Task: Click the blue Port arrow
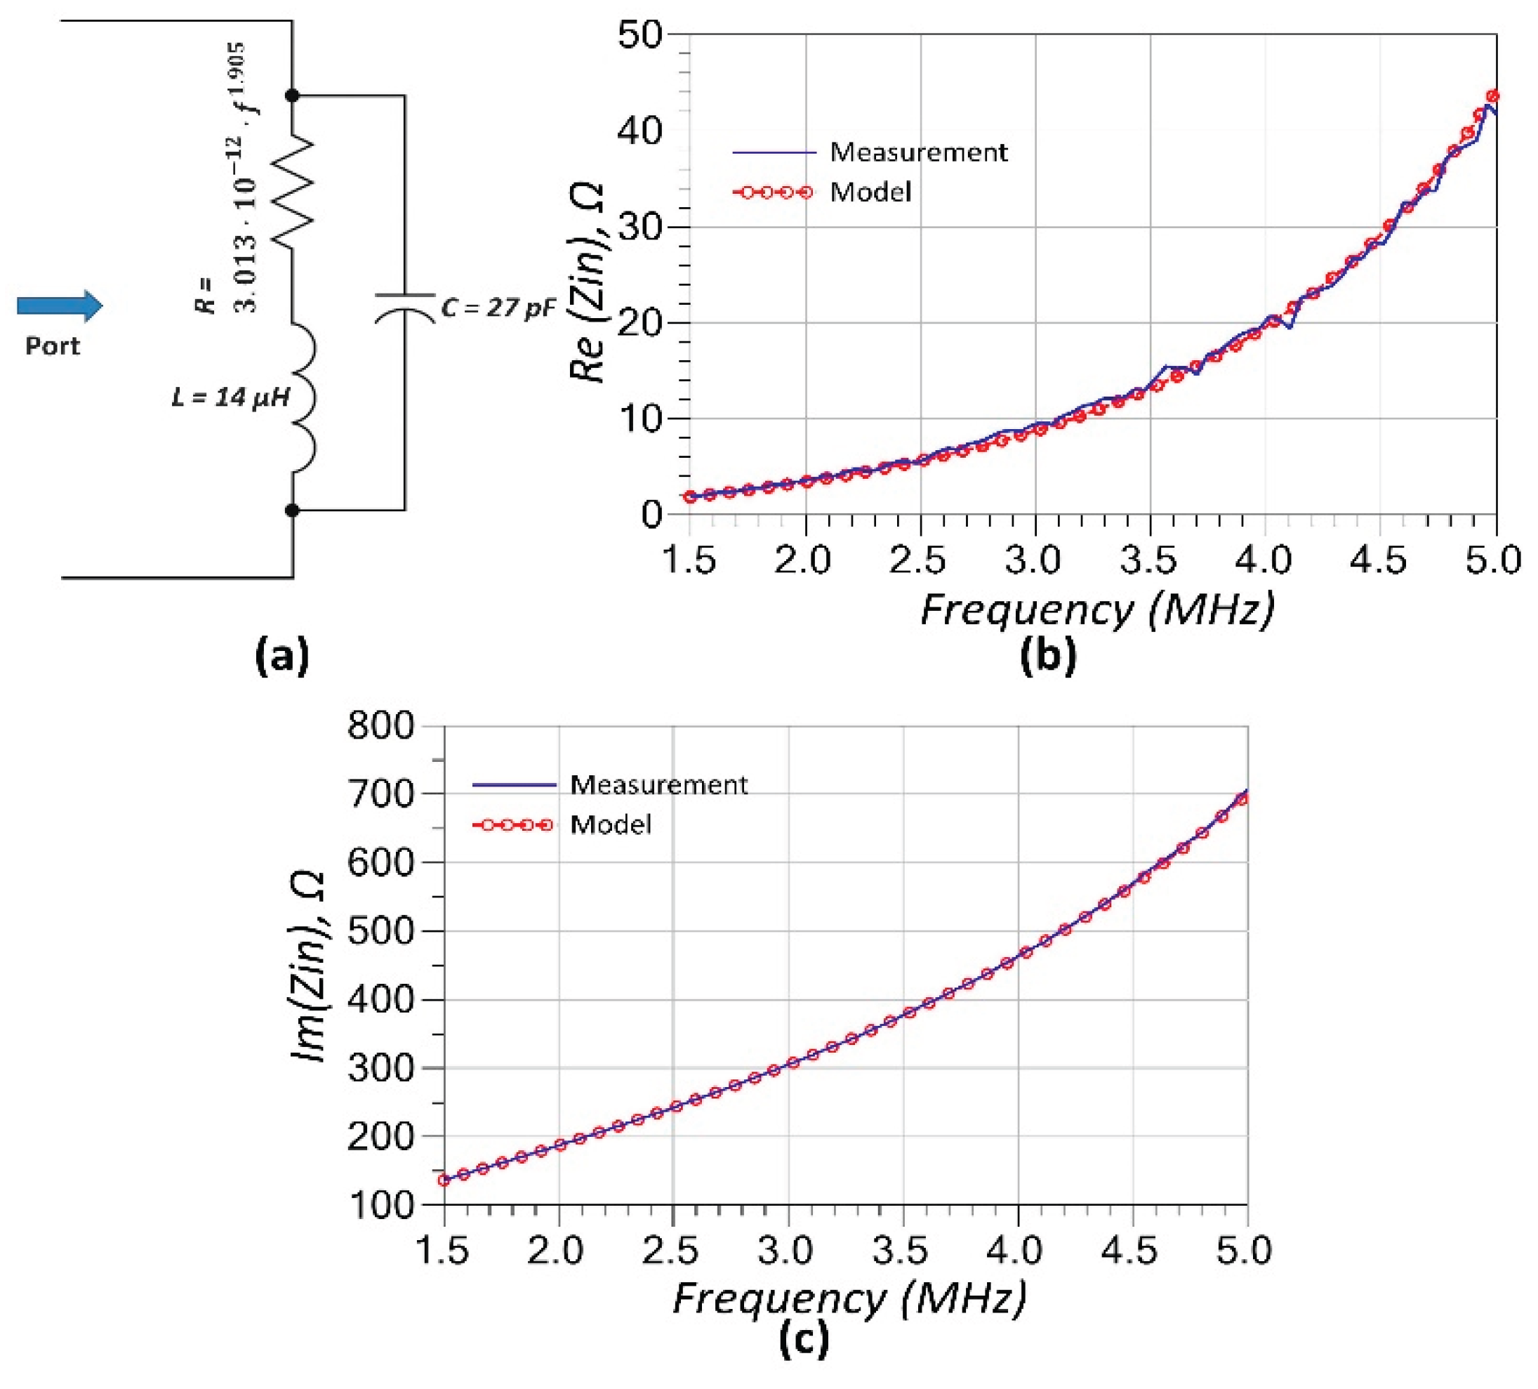pyautogui.click(x=60, y=306)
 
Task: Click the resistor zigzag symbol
pyautogui.click(x=293, y=191)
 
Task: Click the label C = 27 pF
pyautogui.click(x=498, y=308)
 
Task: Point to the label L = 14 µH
pyautogui.click(x=230, y=397)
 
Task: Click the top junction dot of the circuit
pyautogui.click(x=292, y=96)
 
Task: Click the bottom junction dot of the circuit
pyautogui.click(x=292, y=510)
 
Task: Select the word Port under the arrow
pyautogui.click(x=52, y=346)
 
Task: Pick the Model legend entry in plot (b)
pyautogui.click(x=870, y=192)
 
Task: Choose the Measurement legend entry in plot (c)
pyautogui.click(x=658, y=785)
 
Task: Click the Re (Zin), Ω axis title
pyautogui.click(x=588, y=282)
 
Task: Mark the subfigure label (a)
pyautogui.click(x=282, y=656)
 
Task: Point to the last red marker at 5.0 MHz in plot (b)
pyautogui.click(x=1493, y=96)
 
